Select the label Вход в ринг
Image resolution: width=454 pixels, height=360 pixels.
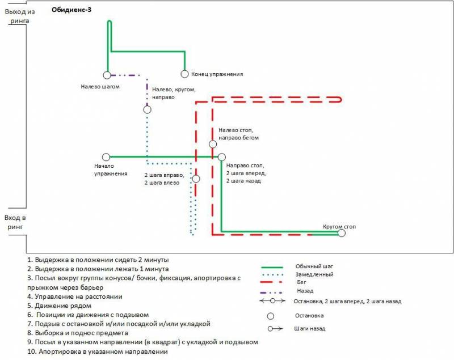(15, 222)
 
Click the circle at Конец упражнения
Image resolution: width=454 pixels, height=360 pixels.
(184, 74)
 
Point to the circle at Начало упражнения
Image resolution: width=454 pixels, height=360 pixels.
(106, 157)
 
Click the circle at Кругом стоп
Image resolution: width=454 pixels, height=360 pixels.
(341, 232)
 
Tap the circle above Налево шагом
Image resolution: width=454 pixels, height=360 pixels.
(107, 75)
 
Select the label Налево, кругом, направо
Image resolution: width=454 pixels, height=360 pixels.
(174, 93)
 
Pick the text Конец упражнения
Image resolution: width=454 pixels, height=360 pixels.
(217, 74)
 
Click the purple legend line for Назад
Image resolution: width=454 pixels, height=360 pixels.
(272, 290)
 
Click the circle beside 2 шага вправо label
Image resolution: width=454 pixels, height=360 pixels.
(196, 179)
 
